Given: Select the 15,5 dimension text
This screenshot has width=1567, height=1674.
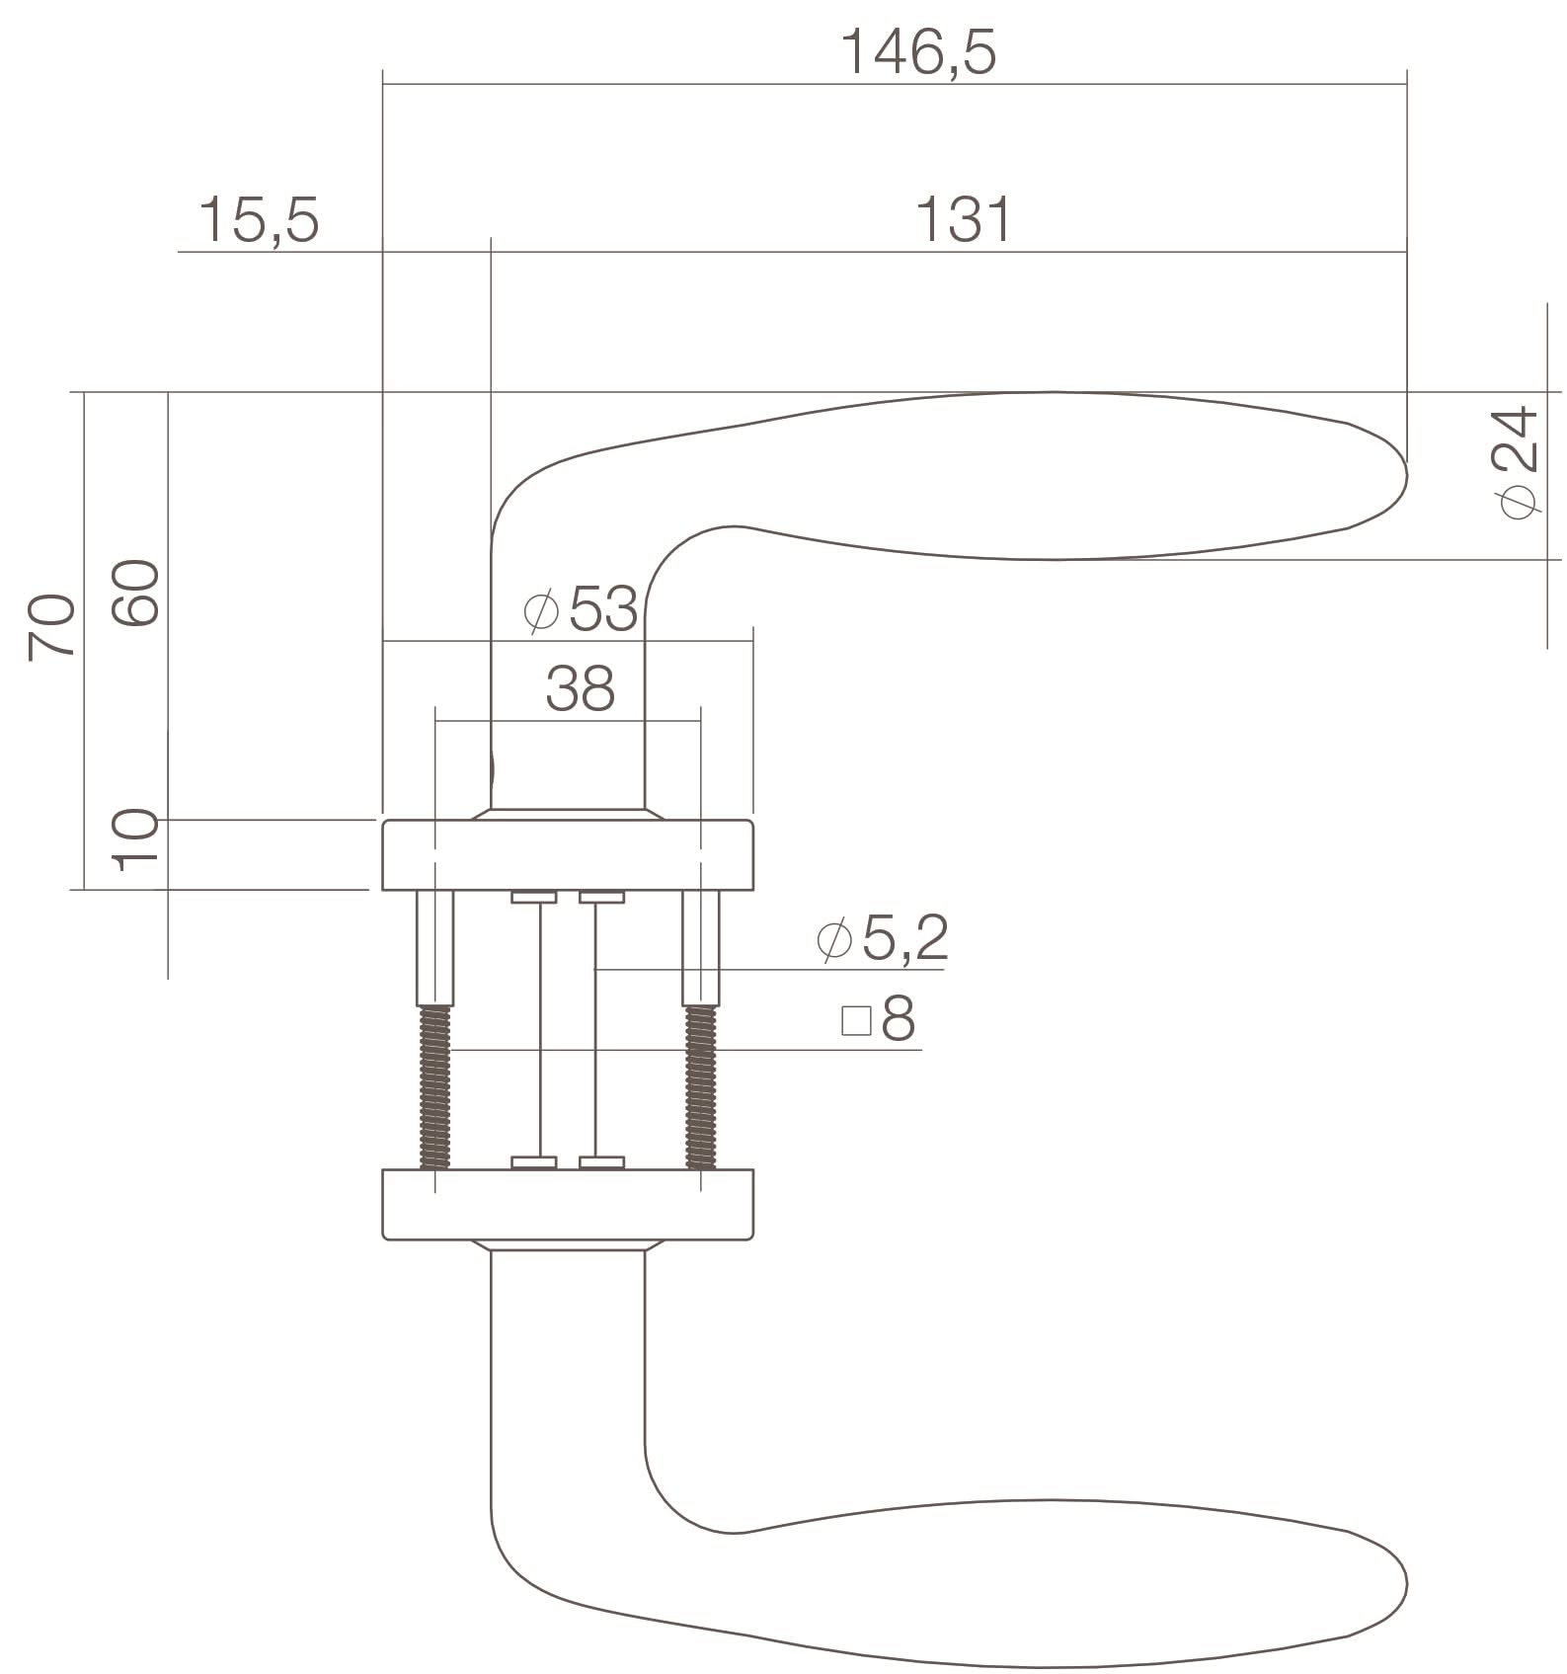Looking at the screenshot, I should point(260,220).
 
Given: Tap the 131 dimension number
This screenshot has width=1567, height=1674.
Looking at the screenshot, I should point(964,220).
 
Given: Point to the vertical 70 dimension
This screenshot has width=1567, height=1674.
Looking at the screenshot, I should point(51,626).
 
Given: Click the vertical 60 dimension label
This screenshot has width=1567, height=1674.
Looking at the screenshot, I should point(136,593).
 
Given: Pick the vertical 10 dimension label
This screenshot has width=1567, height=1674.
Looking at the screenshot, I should point(136,839).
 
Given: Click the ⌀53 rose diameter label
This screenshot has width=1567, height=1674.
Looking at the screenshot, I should point(583,609).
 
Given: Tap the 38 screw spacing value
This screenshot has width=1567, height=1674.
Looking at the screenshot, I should point(581,688).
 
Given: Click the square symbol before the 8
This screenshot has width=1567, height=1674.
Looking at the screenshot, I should point(856,1020).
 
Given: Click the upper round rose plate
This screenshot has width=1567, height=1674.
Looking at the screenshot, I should point(568,854).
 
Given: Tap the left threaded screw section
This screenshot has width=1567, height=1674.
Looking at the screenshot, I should point(435,1086).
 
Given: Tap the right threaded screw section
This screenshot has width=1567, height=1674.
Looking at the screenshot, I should point(701,1086).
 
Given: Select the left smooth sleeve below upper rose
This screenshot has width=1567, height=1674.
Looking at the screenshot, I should point(435,946).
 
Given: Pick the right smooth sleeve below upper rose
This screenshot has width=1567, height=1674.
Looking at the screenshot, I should point(701,946).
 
